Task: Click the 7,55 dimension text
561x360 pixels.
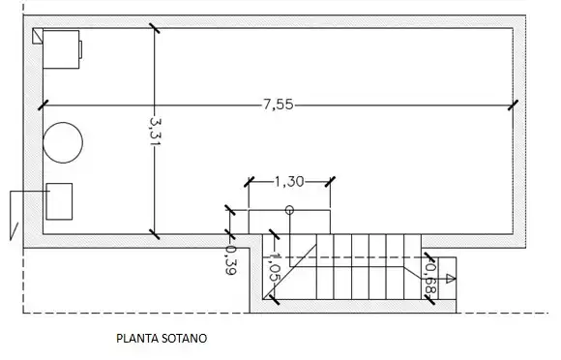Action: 279,105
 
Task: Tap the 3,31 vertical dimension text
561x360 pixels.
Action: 155,131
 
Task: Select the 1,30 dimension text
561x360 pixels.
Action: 289,182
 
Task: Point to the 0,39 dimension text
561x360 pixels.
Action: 231,260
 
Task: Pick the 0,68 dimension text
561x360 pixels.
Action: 430,279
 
